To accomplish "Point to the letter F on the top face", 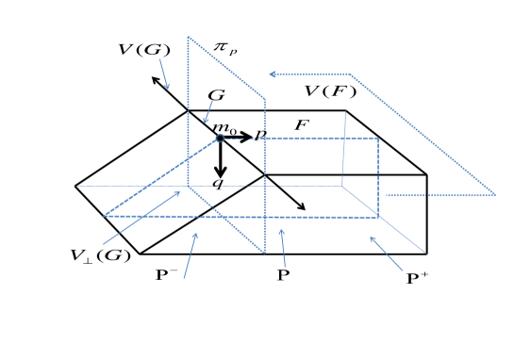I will click(x=302, y=124).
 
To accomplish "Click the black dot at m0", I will click(x=220, y=138).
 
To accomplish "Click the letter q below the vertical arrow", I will click(x=218, y=184).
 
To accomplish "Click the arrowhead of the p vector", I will click(x=249, y=138).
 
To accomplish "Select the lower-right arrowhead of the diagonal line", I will click(x=301, y=206).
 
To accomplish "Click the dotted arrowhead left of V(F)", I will click(x=274, y=74).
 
